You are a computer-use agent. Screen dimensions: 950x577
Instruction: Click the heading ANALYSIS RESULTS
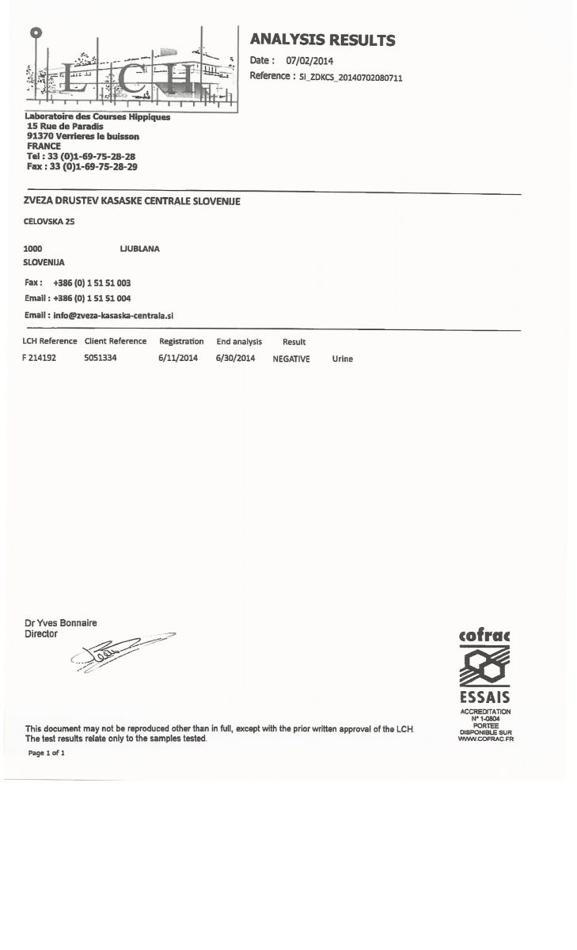pos(322,40)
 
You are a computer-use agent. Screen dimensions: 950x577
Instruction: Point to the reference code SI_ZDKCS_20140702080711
pos(350,77)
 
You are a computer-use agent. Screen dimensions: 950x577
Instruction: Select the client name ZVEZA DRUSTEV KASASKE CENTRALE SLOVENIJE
pos(132,201)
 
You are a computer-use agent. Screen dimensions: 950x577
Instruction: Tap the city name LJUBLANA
pos(139,249)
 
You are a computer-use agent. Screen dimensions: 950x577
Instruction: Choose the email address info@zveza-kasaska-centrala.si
pos(112,314)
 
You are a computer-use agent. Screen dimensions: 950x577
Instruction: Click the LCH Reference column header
pos(50,341)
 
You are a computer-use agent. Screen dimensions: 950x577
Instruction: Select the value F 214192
pos(40,359)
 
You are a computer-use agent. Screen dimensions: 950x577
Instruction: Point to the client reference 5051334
pos(101,359)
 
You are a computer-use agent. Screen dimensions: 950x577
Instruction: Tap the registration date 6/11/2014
pos(178,359)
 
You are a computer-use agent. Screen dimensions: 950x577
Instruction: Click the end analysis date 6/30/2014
pos(235,359)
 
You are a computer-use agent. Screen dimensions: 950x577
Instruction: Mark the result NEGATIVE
pos(291,359)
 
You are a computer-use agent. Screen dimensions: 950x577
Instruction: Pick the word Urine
pos(343,359)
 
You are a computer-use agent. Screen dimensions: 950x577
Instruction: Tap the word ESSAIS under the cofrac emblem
pos(484,697)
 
